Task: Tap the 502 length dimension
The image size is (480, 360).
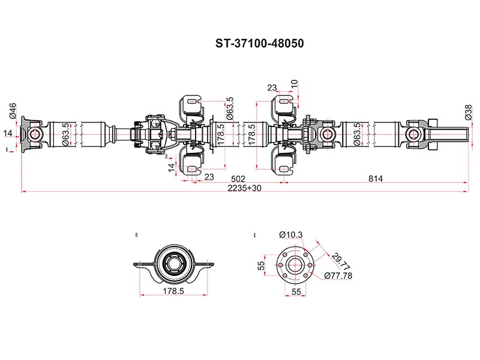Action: coord(239,178)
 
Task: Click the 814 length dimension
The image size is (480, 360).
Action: coord(376,178)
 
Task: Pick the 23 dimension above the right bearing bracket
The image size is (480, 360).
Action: coord(272,87)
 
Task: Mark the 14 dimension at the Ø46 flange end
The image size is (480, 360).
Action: coord(8,133)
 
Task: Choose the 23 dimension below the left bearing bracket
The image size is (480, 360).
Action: coord(209,176)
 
